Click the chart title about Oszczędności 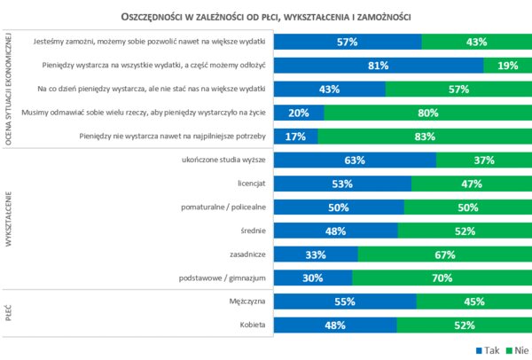[266, 17]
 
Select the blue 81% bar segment [379, 66]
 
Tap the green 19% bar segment [506, 66]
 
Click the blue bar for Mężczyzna [345, 301]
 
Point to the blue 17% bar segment [295, 137]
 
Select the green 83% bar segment [423, 137]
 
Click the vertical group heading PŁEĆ [10, 313]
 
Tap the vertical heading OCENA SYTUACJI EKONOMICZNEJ [10, 89]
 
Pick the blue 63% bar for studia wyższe [355, 160]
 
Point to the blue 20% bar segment [299, 113]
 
